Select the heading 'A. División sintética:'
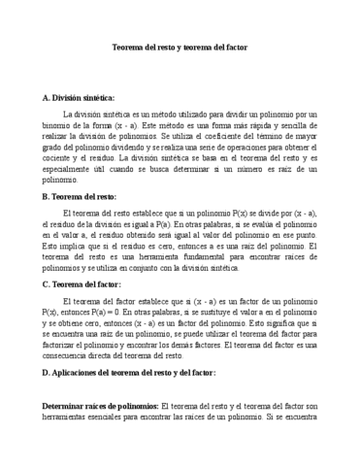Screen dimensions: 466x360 point(79,99)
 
